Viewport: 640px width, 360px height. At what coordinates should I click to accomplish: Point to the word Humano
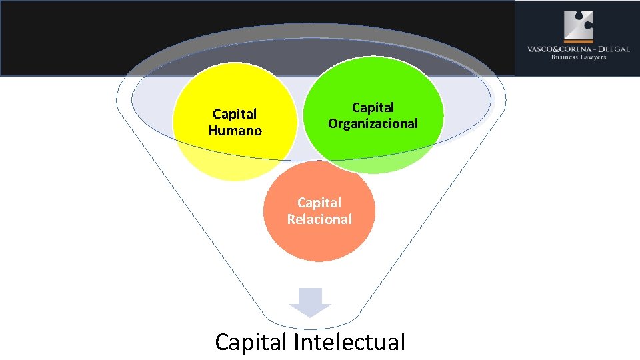click(x=235, y=131)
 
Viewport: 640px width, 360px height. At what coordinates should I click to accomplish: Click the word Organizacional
click(x=373, y=123)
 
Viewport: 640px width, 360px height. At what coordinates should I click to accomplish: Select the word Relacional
click(x=319, y=219)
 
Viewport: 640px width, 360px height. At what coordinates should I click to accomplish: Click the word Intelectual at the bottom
click(x=349, y=342)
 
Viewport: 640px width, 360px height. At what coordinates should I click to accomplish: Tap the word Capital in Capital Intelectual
click(x=251, y=342)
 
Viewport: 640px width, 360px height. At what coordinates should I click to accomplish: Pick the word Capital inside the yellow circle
click(x=235, y=114)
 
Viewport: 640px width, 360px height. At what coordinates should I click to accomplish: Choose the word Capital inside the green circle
click(x=373, y=107)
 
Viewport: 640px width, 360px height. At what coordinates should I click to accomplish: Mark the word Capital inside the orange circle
click(x=319, y=202)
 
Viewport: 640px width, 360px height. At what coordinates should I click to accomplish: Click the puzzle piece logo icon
click(x=578, y=25)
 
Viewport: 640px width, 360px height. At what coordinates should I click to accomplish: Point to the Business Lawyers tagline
click(x=578, y=57)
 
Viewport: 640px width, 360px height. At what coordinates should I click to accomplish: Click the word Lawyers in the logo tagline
click(x=593, y=57)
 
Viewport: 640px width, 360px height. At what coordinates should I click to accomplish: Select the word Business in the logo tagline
click(x=563, y=57)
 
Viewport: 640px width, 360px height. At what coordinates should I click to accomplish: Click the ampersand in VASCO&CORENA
click(x=551, y=49)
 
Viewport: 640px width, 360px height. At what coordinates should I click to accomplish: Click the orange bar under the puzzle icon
click(x=578, y=41)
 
